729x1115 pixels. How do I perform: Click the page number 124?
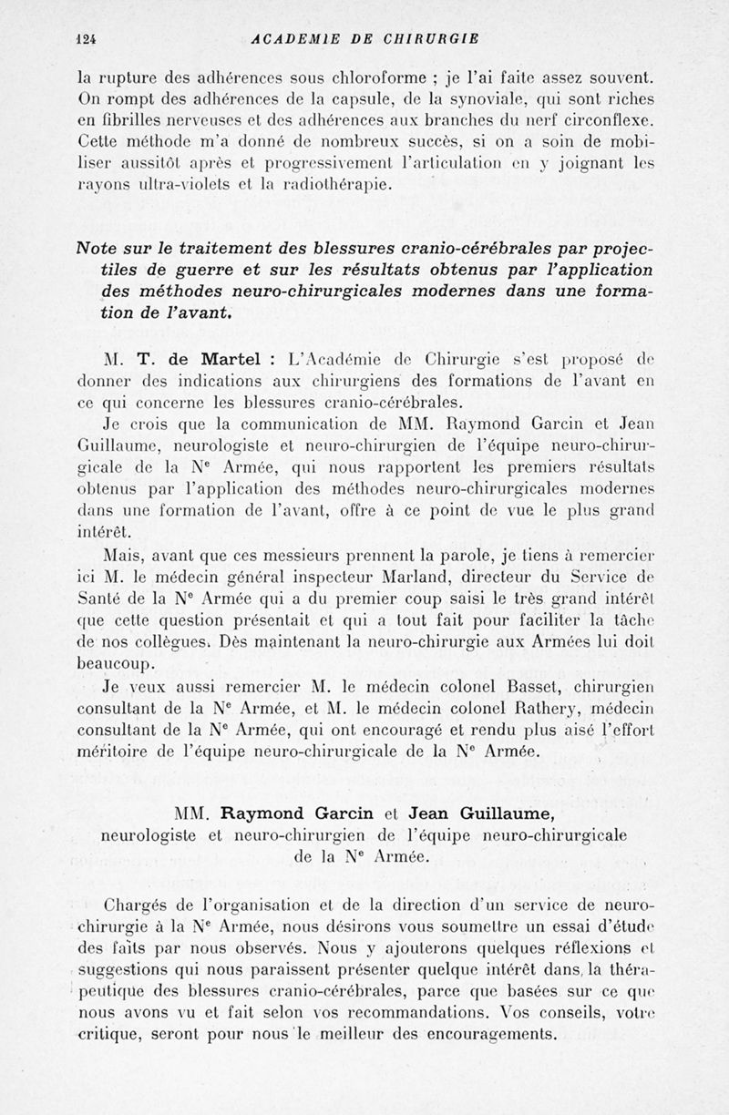(87, 38)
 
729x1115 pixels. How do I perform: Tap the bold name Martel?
(227, 358)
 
